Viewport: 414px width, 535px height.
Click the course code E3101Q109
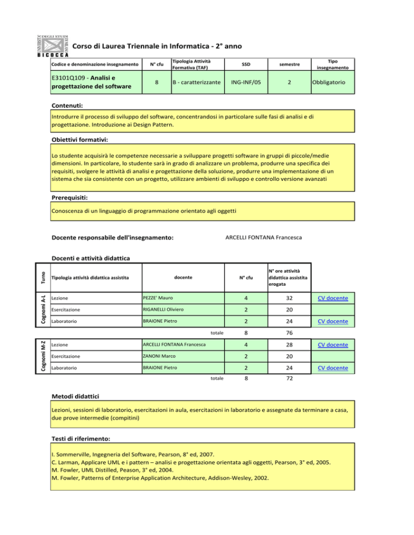click(66, 79)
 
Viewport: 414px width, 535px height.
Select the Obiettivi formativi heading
click(80, 140)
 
